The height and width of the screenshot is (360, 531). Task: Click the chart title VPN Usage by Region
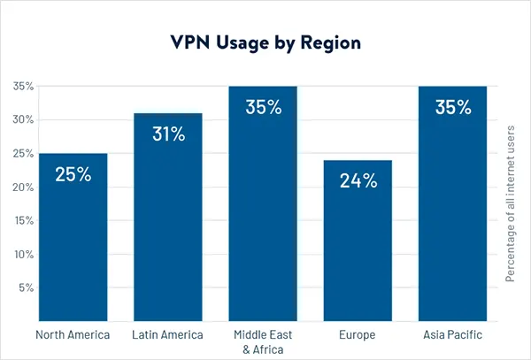pos(265,42)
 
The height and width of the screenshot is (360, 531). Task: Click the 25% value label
pos(73,174)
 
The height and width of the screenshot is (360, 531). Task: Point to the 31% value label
pos(168,134)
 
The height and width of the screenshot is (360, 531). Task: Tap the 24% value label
pos(358,181)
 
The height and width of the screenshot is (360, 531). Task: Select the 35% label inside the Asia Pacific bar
pos(453,108)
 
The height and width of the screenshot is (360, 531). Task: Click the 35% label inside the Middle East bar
pos(263,108)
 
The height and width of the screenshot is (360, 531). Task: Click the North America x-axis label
pos(73,335)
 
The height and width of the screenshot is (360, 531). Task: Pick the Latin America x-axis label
pos(168,335)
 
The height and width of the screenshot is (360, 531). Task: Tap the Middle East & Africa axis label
pos(263,341)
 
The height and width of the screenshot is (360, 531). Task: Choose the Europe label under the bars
pos(358,335)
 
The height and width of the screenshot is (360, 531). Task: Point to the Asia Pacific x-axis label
pos(453,335)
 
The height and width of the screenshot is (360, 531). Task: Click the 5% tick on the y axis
pos(24,287)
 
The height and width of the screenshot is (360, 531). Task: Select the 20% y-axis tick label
pos(22,187)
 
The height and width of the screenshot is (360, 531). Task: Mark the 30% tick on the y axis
pos(22,119)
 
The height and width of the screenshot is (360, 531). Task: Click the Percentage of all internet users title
pos(511,203)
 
